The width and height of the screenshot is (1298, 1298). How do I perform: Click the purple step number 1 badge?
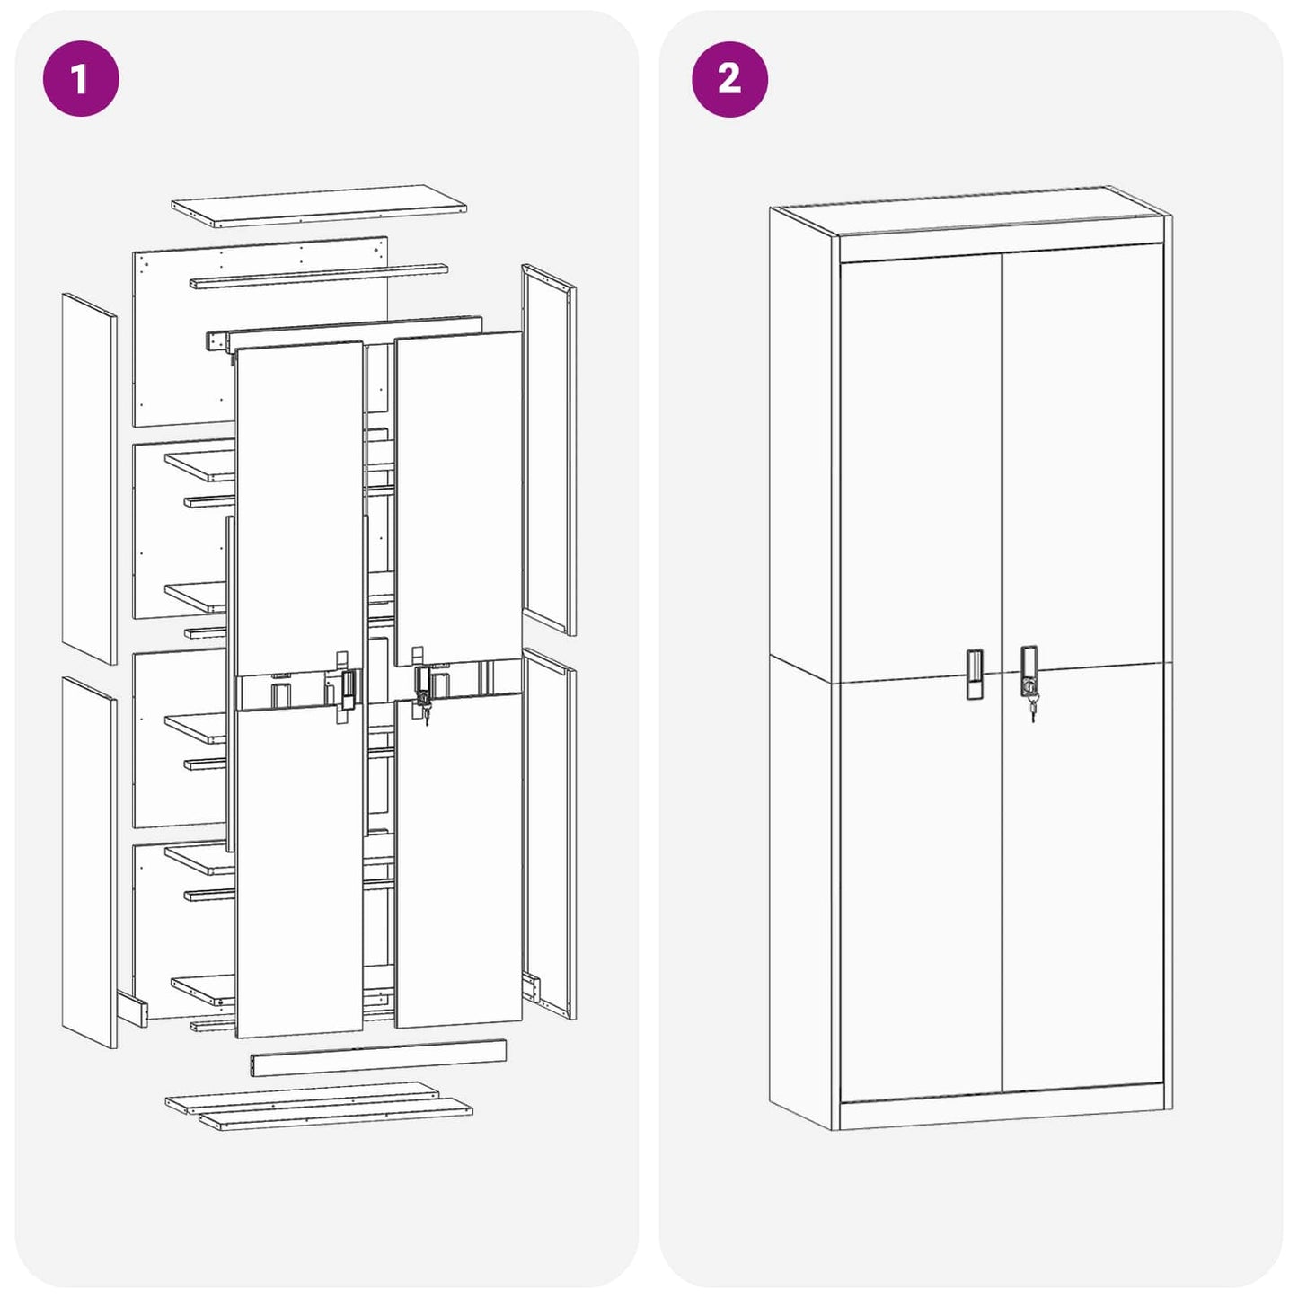click(81, 79)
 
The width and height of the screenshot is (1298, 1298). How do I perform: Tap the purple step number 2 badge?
click(729, 79)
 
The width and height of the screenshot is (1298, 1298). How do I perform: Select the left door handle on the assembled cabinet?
click(974, 674)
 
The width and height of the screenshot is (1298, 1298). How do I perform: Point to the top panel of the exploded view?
click(319, 206)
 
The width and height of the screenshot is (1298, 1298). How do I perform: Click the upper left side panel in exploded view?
click(89, 479)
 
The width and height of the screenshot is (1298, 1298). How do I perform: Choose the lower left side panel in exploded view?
click(89, 862)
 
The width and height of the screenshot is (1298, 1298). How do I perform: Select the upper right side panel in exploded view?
click(549, 449)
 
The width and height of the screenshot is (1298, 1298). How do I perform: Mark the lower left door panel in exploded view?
click(299, 871)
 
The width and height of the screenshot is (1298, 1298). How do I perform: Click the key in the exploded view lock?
click(426, 714)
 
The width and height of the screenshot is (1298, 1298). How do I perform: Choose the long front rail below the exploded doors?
click(378, 1057)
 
